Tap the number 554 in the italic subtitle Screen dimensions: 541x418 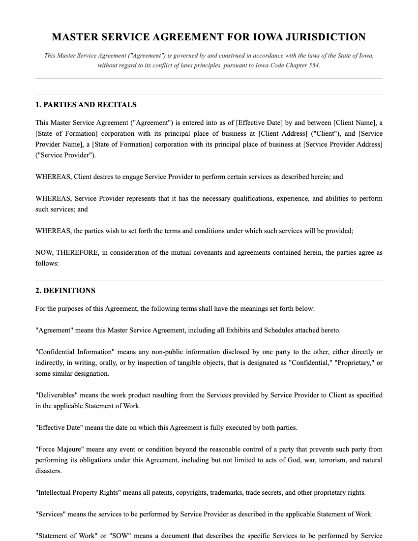313,65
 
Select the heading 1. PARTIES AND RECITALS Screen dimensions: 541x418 86,105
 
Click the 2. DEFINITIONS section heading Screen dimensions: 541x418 65,291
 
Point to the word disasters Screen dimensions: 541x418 49,471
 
